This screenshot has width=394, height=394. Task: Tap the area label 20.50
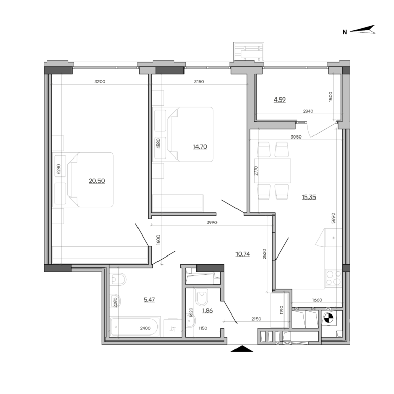(x=96, y=181)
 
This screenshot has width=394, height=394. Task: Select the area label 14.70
(x=201, y=146)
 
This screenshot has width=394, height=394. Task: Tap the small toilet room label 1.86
(x=207, y=311)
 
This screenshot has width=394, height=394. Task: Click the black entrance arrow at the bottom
(x=243, y=349)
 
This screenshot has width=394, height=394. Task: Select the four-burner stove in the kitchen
(x=333, y=278)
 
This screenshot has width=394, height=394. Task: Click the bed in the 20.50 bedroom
(x=89, y=180)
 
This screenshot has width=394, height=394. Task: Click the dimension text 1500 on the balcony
(x=331, y=97)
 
